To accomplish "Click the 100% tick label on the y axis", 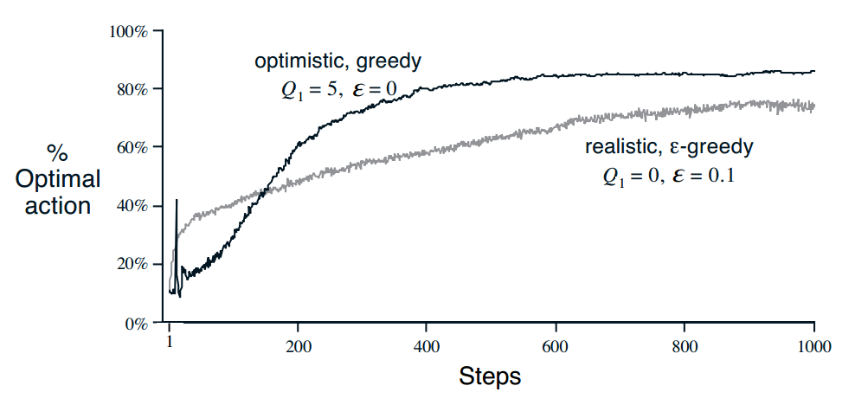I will tap(131, 31).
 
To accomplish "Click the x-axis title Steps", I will tap(490, 376).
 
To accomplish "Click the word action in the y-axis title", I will tap(58, 206).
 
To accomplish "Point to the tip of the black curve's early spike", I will tap(177, 200).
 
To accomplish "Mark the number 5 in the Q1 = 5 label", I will tap(329, 91).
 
